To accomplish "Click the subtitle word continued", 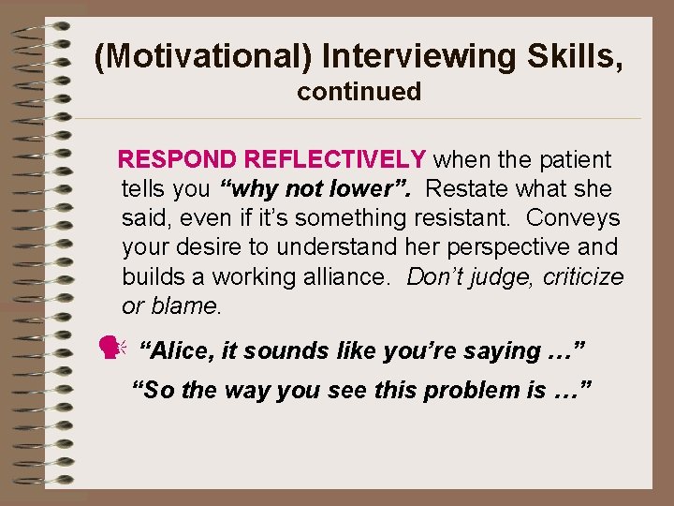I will tap(359, 92).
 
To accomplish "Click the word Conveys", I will tap(573, 218).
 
